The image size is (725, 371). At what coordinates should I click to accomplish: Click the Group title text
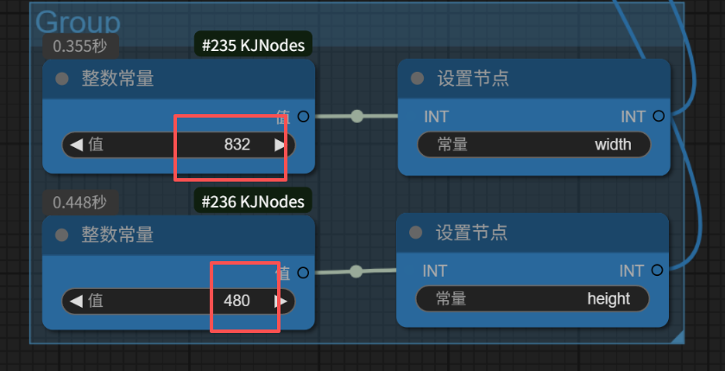click(x=78, y=23)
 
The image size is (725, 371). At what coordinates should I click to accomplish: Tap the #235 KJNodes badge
click(x=253, y=45)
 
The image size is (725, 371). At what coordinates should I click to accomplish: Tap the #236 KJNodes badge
click(x=253, y=201)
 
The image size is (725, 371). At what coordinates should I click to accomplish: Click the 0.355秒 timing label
click(x=80, y=46)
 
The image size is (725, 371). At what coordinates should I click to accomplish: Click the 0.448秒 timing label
click(x=80, y=202)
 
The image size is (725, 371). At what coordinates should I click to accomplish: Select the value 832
click(x=236, y=144)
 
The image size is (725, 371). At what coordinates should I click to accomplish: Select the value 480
click(x=236, y=301)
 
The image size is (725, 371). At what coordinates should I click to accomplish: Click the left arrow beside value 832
click(x=76, y=144)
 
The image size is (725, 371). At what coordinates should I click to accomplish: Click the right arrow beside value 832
click(x=280, y=144)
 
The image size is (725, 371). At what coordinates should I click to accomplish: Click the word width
click(x=613, y=144)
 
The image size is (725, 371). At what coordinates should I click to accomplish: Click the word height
click(x=608, y=299)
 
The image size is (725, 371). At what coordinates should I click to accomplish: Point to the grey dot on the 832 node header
click(x=61, y=79)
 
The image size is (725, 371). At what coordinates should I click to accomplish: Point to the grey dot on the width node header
click(x=418, y=79)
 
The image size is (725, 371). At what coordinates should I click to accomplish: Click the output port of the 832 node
click(x=303, y=117)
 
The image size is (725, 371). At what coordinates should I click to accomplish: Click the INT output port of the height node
click(x=658, y=271)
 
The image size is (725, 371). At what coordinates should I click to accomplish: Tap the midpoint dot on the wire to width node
click(x=356, y=116)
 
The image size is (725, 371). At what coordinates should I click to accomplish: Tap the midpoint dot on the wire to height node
click(x=356, y=272)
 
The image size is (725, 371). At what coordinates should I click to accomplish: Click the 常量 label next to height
click(x=451, y=299)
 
